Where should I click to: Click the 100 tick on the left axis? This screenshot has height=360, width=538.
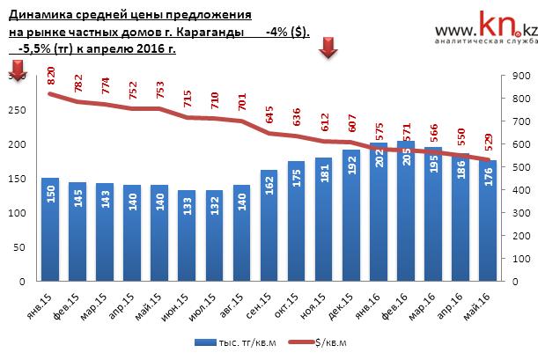click(x=18, y=214)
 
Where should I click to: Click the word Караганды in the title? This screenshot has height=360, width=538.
click(x=210, y=32)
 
